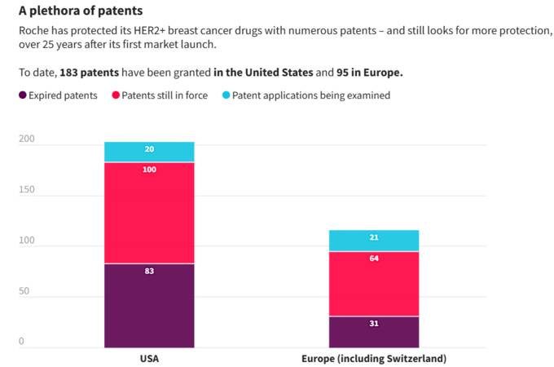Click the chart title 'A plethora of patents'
[x=81, y=11]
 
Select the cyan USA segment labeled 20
[x=149, y=152]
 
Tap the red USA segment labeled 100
[x=149, y=213]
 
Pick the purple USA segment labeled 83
[x=149, y=306]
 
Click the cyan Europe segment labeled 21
[x=374, y=241]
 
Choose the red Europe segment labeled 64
[x=374, y=284]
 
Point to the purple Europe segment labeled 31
[x=374, y=332]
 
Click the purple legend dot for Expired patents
[x=23, y=95]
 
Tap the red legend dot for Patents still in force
[x=116, y=95]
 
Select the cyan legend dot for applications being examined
[x=226, y=95]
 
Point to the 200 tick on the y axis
[x=27, y=139]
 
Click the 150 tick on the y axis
[x=27, y=189]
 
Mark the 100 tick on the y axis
[x=27, y=241]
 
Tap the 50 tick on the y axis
[x=24, y=291]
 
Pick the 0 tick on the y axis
[x=21, y=341]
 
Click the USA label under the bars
[x=149, y=359]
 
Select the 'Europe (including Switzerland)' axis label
[x=374, y=359]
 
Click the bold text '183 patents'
[x=89, y=73]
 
